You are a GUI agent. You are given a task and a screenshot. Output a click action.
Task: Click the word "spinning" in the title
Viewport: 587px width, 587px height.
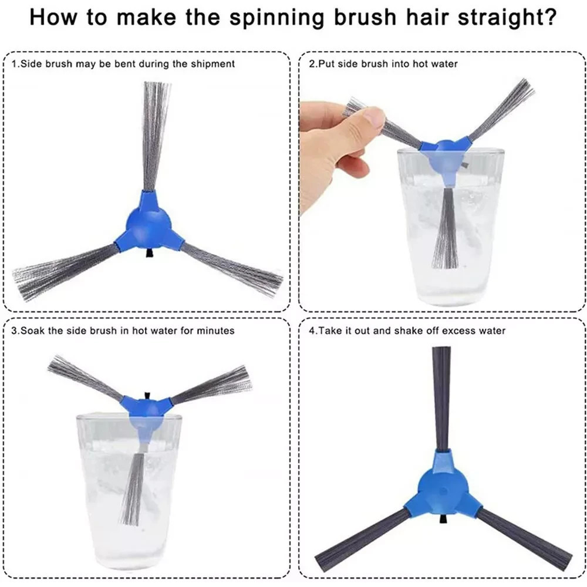276,18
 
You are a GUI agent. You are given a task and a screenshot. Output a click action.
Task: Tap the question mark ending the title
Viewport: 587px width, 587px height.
550,16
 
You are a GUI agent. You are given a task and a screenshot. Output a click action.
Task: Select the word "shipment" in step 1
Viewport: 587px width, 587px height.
213,64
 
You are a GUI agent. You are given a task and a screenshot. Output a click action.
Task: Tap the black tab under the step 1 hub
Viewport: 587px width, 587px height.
149,253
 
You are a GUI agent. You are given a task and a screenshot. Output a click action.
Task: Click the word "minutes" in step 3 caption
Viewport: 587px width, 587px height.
215,331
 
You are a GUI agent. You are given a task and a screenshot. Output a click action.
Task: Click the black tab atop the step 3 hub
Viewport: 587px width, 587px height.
147,396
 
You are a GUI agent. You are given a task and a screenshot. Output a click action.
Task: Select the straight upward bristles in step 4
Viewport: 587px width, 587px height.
441,399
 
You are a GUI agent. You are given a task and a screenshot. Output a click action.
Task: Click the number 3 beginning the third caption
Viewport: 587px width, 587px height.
14,331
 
